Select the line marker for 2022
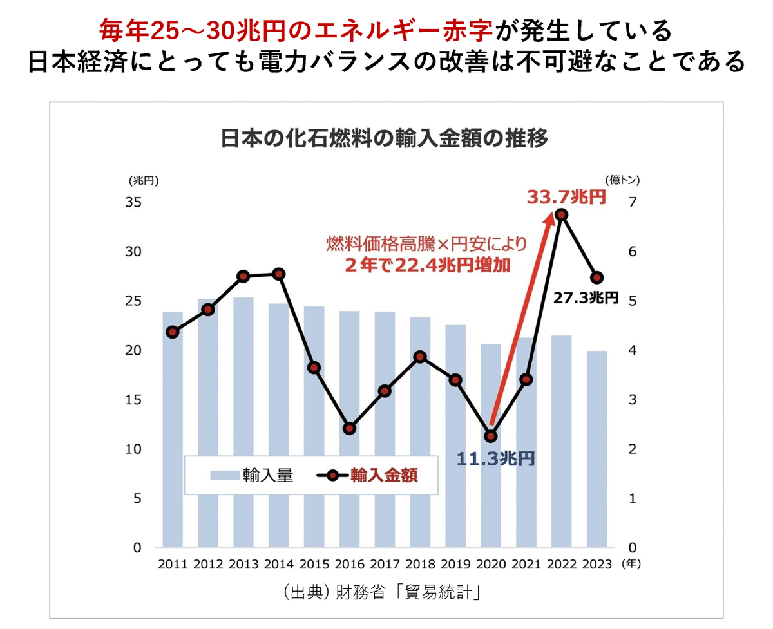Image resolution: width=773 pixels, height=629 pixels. (x=562, y=214)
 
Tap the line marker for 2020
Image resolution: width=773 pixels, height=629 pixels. (x=491, y=436)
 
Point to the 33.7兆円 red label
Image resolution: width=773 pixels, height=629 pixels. (x=566, y=197)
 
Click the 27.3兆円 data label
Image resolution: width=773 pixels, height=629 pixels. (x=586, y=297)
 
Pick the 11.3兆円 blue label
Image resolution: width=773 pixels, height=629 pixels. (x=495, y=458)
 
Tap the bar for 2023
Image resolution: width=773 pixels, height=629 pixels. (x=597, y=451)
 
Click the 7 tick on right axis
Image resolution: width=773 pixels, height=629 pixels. (x=632, y=202)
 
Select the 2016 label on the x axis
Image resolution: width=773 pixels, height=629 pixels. (x=349, y=565)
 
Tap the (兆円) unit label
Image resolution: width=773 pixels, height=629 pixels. (x=143, y=180)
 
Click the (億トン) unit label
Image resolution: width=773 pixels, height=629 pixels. (x=622, y=180)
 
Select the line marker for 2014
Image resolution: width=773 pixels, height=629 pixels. (x=279, y=274)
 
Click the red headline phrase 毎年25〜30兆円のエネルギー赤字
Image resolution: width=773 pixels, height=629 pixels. (x=296, y=29)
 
